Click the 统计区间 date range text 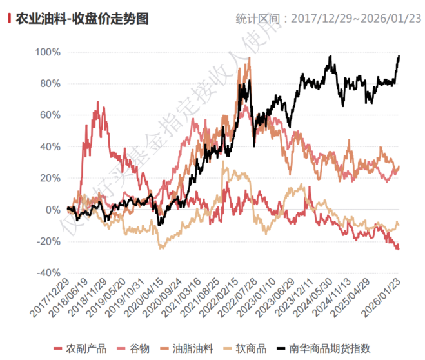327,19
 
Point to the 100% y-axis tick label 48,52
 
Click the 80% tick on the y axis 50,83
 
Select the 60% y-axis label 50,115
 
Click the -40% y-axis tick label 48,273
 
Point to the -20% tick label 48,241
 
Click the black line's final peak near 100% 399,56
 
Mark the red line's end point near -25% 399,249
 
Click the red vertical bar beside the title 9,18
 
